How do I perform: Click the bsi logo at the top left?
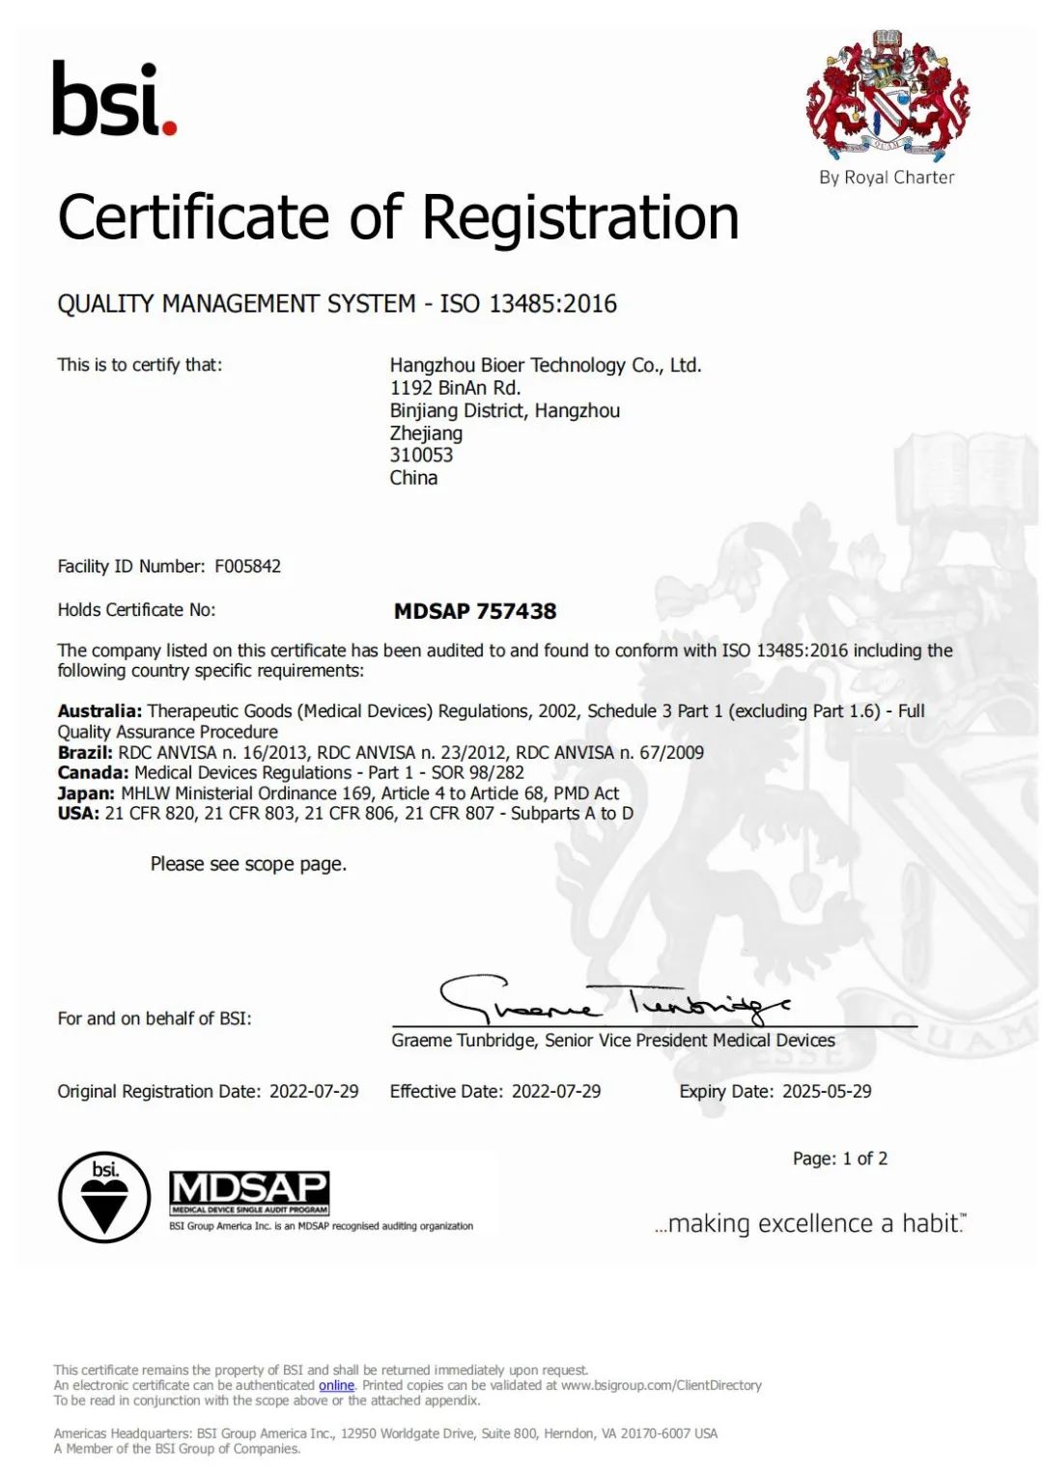point(114,99)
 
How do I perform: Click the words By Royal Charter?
point(887,178)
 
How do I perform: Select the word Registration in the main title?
point(580,217)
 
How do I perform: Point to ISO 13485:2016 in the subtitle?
point(528,304)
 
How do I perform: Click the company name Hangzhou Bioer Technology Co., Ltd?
point(545,365)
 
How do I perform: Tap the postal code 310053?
point(421,456)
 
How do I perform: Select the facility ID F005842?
point(247,567)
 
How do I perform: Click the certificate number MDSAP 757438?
point(475,611)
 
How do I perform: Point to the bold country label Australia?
point(99,711)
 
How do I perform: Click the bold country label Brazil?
point(85,753)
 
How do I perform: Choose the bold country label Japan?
point(86,793)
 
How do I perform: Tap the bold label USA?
point(78,814)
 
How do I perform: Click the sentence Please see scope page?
point(248,864)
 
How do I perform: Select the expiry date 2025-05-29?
point(827,1092)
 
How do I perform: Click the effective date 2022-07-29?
point(556,1092)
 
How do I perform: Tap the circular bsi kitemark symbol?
point(104,1197)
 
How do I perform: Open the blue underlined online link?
point(336,1385)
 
